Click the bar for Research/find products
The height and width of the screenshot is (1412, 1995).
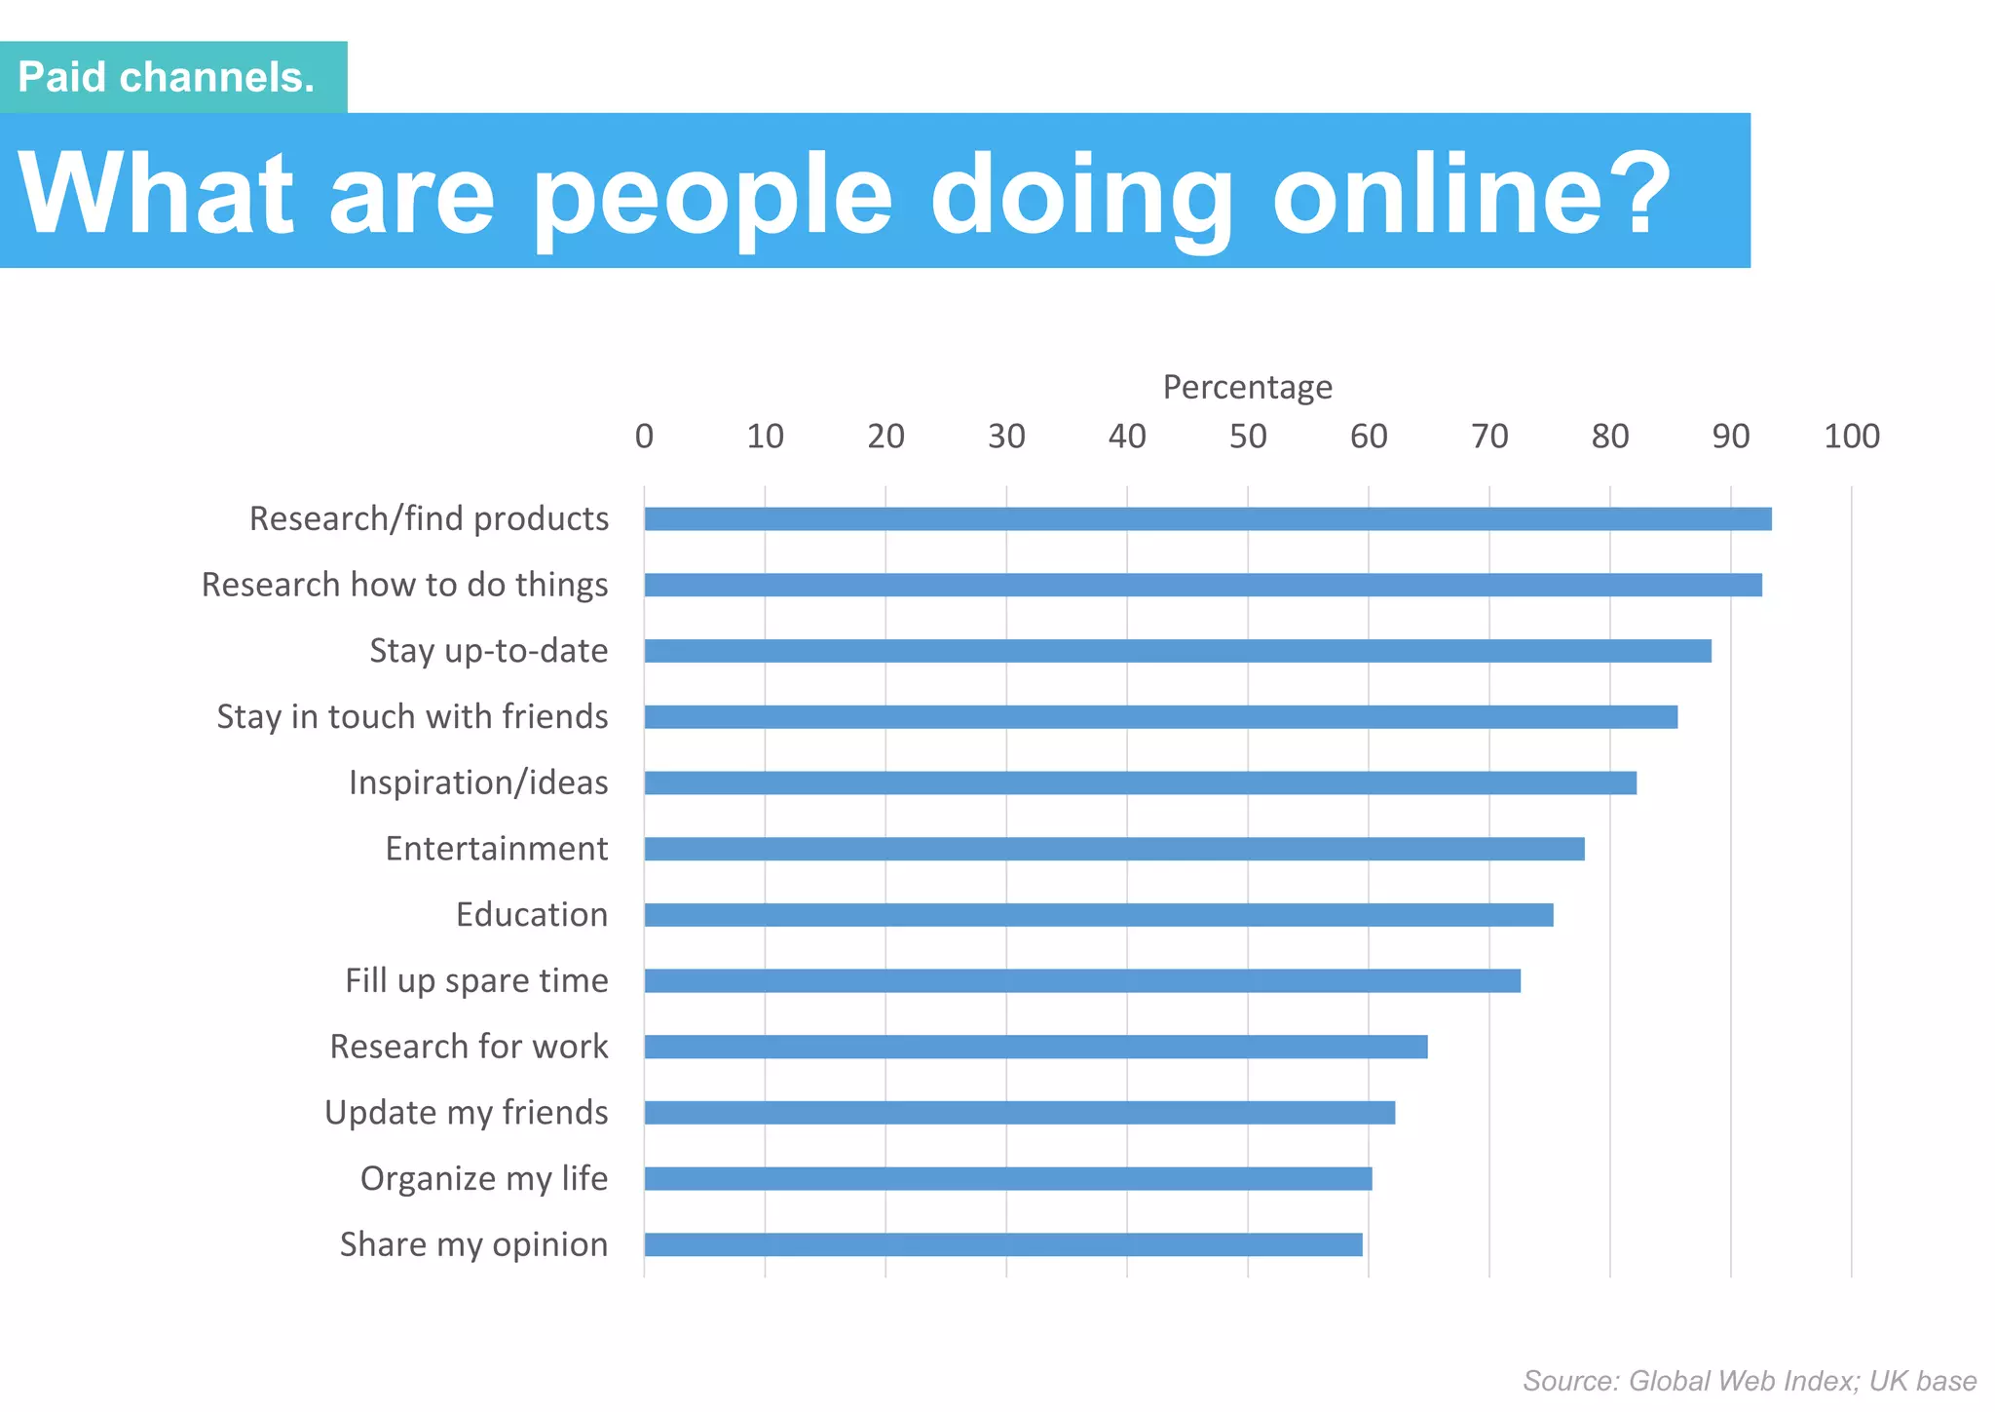coord(1207,519)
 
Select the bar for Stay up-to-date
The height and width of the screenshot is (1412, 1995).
coord(1177,651)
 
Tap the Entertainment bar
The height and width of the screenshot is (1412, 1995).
coord(1113,849)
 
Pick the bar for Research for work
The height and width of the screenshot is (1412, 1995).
coord(1035,1048)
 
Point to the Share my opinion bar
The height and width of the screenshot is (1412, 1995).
coord(1002,1244)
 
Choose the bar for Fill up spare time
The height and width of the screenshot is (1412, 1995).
coord(1081,981)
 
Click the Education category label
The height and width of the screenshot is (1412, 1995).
coord(532,915)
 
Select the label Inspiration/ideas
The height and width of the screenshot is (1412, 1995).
coord(478,782)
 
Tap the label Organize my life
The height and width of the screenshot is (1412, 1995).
coord(484,1179)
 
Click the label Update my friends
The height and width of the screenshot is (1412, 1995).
coord(466,1113)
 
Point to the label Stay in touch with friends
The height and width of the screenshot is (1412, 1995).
coord(412,717)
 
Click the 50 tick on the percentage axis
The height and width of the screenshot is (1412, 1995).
coord(1248,437)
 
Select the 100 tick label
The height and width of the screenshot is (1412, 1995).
coord(1851,437)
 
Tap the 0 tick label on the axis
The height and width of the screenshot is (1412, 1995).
coord(644,437)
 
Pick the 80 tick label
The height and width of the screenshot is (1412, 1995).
coord(1610,437)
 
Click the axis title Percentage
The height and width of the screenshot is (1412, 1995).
coord(1247,387)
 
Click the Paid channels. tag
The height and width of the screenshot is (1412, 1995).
coord(168,77)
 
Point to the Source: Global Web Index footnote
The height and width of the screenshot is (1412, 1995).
coord(1750,1381)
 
